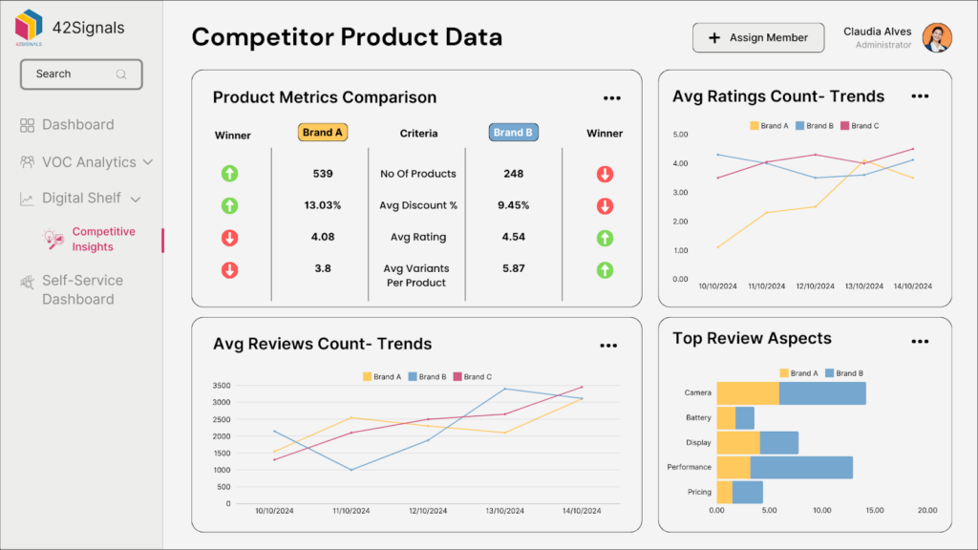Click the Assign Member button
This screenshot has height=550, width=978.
coord(757,38)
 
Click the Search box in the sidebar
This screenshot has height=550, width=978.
coord(81,74)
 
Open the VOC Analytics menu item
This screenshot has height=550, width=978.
coord(87,162)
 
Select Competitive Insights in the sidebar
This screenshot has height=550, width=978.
coord(103,240)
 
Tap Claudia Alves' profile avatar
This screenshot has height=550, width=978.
coord(936,38)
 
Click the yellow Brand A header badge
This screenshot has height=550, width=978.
coord(323,133)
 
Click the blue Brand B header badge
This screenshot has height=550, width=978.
coord(513,133)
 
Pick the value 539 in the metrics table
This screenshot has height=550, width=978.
coord(323,174)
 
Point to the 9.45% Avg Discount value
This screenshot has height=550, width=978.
coord(513,205)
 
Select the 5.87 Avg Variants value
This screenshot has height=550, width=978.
coord(513,268)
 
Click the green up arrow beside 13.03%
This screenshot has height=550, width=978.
coord(229,205)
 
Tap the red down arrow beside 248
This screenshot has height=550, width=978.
coord(605,174)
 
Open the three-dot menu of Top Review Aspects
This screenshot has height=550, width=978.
coord(920,341)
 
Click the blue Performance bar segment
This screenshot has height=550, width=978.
coord(800,467)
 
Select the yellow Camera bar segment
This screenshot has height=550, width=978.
coord(747,393)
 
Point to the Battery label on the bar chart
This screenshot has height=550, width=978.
coord(698,418)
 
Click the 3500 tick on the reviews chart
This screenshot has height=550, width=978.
coord(220,386)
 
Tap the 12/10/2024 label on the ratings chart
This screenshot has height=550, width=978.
coord(815,286)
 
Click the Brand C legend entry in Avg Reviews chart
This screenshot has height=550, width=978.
coord(473,377)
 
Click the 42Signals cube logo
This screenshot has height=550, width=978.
coord(29,25)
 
